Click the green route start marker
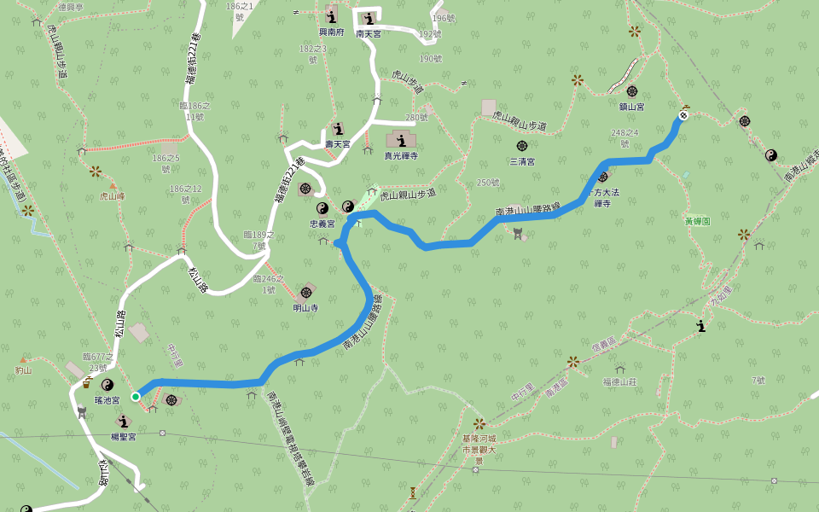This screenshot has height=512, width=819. click(x=136, y=397)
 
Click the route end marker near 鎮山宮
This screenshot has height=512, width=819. click(x=683, y=115)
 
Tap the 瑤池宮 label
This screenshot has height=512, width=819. click(x=107, y=400)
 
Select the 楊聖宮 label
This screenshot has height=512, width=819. click(x=124, y=436)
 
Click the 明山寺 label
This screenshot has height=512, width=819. click(x=305, y=308)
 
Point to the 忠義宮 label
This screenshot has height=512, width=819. click(x=322, y=224)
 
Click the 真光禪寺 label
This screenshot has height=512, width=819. click(x=400, y=156)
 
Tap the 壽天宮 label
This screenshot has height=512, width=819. click(x=337, y=145)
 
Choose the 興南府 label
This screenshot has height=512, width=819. click(x=331, y=32)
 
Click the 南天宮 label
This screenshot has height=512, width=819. click(x=369, y=34)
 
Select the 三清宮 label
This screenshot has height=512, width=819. click(x=522, y=161)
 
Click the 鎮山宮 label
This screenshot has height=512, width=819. click(x=632, y=108)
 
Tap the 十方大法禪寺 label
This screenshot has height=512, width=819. click(x=602, y=199)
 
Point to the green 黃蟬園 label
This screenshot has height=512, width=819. click(x=697, y=220)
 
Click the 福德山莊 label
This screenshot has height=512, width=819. click(x=619, y=382)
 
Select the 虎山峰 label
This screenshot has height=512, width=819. click(x=112, y=196)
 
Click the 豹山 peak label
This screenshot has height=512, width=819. click(x=23, y=370)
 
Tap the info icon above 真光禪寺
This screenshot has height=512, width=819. click(x=400, y=140)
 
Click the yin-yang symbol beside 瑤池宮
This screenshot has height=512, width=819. click(x=107, y=385)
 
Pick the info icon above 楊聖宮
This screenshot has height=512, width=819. click(x=124, y=422)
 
